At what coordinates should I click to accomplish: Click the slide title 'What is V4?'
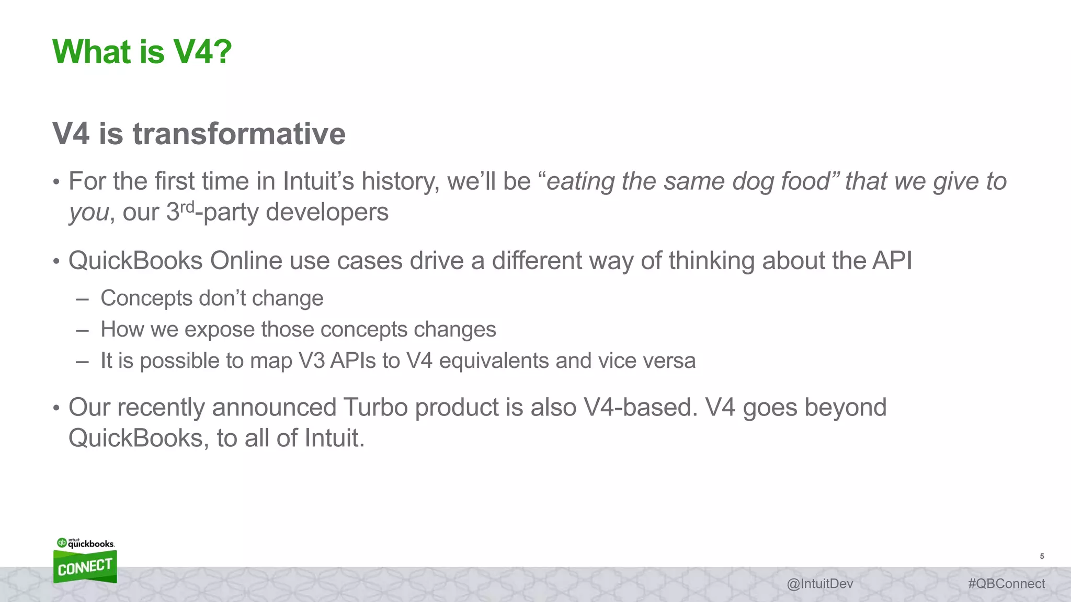point(142,52)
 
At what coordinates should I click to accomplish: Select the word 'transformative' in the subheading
point(239,134)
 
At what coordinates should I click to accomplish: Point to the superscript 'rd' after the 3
point(187,207)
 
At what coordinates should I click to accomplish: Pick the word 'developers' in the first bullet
point(327,212)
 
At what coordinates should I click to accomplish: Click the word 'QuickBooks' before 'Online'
point(135,261)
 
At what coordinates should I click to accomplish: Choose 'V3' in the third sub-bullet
point(312,361)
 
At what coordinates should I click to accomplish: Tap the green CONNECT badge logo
point(85,566)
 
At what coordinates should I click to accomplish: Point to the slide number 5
point(1042,556)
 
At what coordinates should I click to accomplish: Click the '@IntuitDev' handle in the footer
point(819,584)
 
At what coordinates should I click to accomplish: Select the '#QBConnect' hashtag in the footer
point(1006,584)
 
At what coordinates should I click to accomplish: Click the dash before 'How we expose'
point(82,330)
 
